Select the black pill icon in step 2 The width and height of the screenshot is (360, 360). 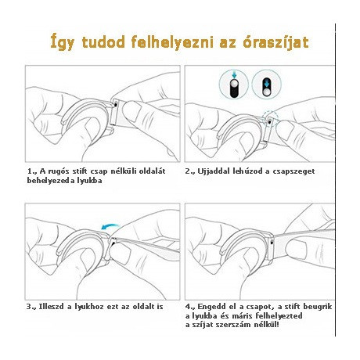[264, 82]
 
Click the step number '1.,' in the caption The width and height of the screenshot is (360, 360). [31, 170]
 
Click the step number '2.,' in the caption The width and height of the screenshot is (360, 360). [190, 170]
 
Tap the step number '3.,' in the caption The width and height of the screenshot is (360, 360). [32, 305]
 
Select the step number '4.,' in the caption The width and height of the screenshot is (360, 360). [190, 305]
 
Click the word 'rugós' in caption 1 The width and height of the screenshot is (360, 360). [58, 170]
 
